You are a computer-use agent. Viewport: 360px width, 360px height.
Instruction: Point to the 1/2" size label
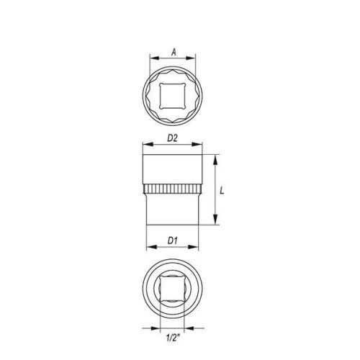point(171,336)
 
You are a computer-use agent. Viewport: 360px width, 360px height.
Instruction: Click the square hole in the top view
point(172,93)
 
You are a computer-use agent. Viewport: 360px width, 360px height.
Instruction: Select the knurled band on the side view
point(172,190)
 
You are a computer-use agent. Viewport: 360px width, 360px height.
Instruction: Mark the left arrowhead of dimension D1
point(148,247)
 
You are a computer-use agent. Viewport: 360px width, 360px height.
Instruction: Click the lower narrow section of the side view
point(172,210)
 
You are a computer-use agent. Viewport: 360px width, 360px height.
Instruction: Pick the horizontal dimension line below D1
point(172,247)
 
